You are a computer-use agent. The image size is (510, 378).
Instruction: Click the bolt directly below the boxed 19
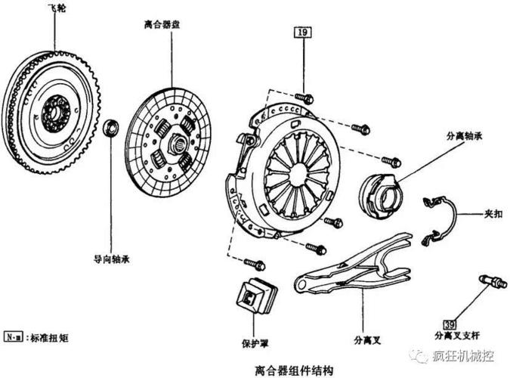(x=304, y=98)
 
